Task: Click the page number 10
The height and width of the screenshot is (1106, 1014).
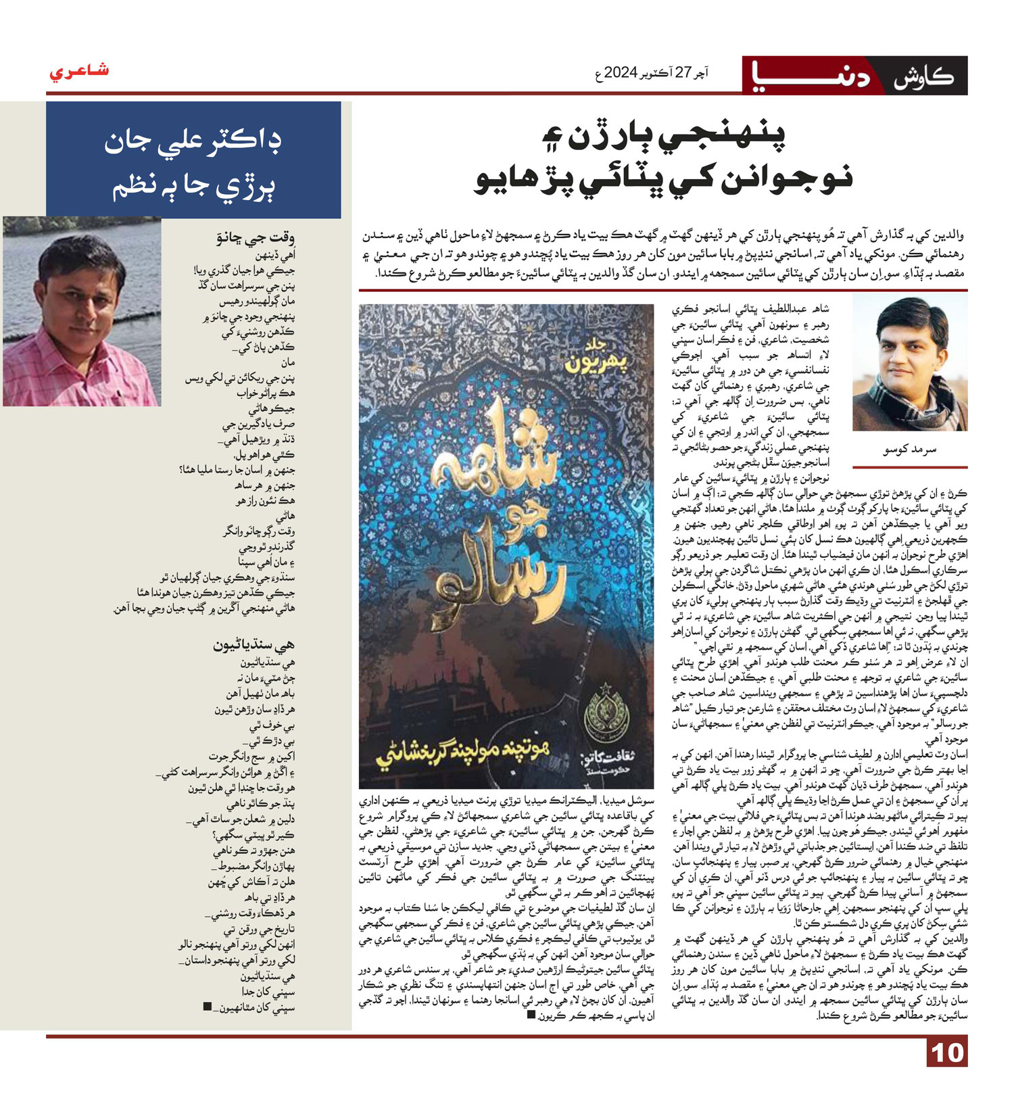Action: coord(947,1053)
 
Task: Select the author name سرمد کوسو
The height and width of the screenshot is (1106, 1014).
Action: coord(910,450)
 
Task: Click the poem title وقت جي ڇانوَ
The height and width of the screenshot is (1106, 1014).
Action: coord(255,238)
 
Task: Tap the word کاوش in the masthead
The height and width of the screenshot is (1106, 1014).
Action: coord(924,76)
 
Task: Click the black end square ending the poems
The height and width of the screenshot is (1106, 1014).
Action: coord(207,1007)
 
